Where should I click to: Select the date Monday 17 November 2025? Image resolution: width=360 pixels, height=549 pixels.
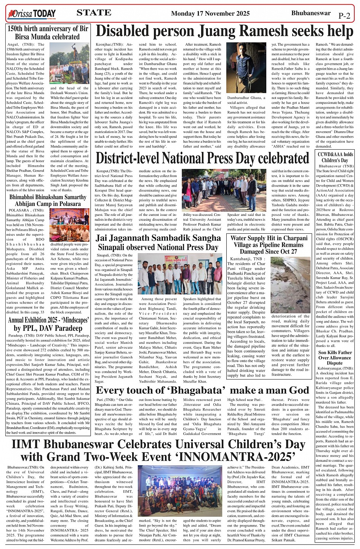tap(210, 14)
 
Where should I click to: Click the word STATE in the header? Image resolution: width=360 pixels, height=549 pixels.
tap(94, 13)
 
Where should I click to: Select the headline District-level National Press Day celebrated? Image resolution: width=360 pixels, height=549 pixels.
tap(202, 158)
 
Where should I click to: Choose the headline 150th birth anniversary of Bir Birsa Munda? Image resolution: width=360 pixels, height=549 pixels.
tap(48, 33)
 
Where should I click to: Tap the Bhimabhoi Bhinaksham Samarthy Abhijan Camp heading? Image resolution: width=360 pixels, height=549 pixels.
tap(48, 200)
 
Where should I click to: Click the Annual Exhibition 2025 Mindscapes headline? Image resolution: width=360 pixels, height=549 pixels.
tap(48, 324)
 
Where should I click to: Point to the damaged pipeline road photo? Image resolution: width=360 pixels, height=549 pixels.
tap(291, 285)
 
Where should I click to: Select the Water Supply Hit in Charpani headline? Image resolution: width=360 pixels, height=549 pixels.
tap(269, 244)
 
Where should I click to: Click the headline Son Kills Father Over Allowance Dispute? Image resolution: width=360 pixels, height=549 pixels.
tap(335, 357)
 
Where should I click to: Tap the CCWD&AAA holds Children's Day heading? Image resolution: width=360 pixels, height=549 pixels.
tap(335, 157)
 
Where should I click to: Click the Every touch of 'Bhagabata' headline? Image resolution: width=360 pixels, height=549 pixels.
tap(202, 391)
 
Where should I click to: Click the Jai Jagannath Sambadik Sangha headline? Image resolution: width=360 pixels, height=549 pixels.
tap(158, 243)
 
